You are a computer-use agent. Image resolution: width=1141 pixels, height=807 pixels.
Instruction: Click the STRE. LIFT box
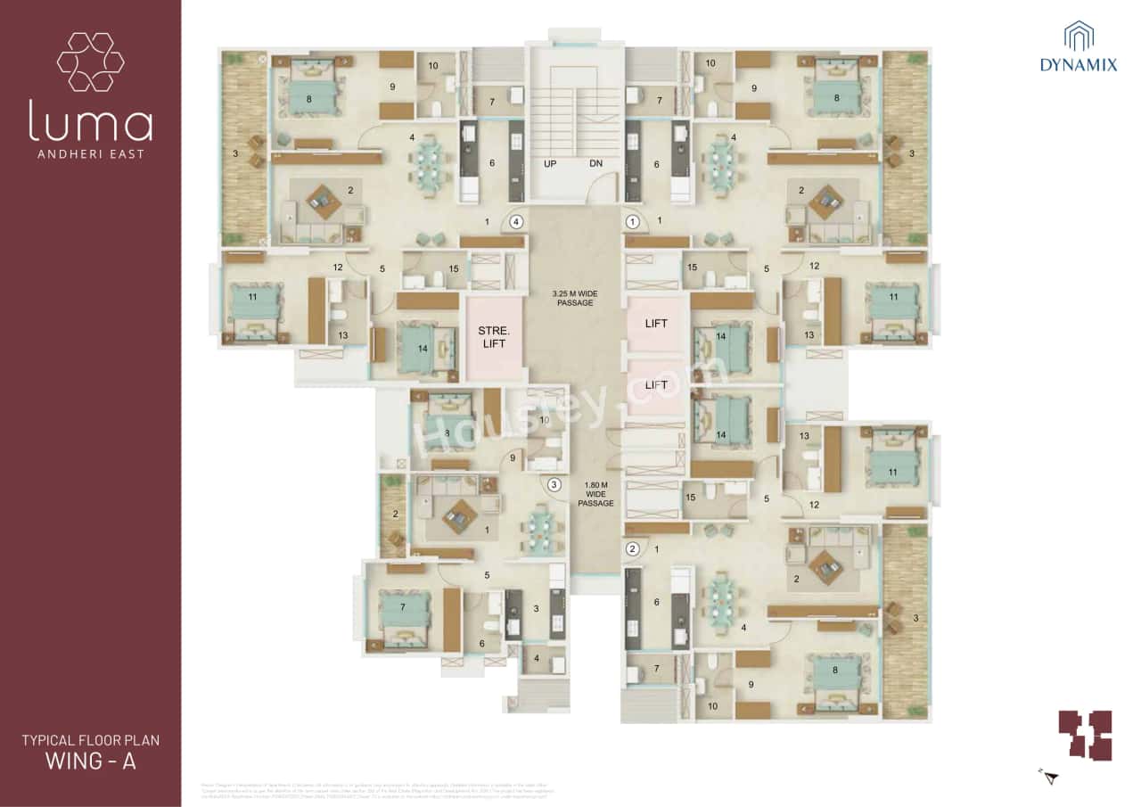pos(493,337)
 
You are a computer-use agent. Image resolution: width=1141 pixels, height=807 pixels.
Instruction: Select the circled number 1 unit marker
pos(633,221)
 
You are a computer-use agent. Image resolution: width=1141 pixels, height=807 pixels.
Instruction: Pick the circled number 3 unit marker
pos(554,485)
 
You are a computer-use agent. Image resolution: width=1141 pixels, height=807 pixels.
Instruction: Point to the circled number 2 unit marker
pos(633,549)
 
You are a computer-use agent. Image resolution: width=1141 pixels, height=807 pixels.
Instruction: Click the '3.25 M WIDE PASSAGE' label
pos(571,298)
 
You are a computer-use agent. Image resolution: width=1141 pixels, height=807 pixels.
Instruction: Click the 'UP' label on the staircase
pos(550,164)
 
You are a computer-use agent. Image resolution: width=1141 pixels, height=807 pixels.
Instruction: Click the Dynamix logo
pos(1079,47)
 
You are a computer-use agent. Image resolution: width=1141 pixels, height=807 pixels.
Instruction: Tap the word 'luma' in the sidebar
pos(90,123)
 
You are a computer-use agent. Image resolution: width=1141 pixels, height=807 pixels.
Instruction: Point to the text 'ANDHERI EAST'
pos(90,153)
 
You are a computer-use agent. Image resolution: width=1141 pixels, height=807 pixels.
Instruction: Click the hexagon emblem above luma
pos(90,62)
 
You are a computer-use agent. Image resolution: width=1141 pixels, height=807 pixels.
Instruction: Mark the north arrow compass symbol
pos(1050,777)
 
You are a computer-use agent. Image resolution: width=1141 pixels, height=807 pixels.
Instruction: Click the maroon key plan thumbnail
pos(1085,735)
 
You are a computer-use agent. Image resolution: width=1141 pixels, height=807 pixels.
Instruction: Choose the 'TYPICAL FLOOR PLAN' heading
pos(90,740)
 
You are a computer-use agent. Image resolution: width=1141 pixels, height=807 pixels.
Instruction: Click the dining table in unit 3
pos(541,530)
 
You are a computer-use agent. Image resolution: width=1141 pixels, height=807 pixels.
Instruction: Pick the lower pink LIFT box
pos(656,385)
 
